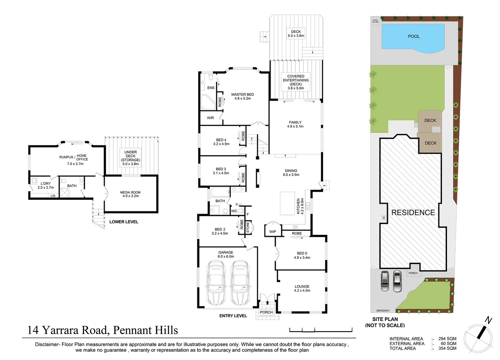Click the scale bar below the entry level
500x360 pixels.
321,330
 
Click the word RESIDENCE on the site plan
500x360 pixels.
413,213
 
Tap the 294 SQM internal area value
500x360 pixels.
447,339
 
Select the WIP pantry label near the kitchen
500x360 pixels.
273,232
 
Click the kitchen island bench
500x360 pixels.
287,203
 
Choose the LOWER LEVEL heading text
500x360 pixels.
124,222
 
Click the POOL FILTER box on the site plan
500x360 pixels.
375,21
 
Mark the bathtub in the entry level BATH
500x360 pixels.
219,192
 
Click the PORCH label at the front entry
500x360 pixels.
266,312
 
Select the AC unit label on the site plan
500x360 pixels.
384,218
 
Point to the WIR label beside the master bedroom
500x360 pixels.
210,118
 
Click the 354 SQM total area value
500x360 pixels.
447,348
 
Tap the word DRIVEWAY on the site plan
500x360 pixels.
383,310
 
